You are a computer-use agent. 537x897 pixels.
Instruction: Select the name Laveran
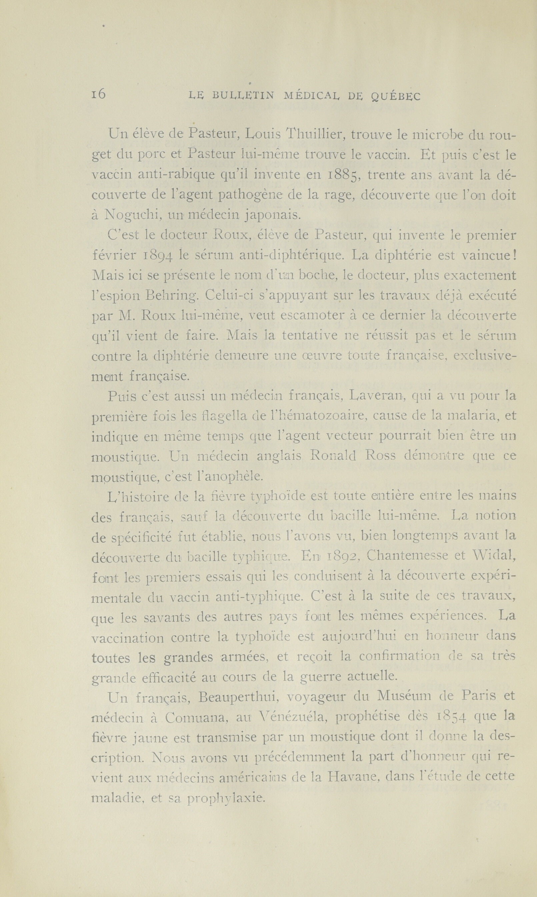click(x=377, y=397)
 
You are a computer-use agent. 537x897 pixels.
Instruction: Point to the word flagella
click(x=225, y=417)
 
